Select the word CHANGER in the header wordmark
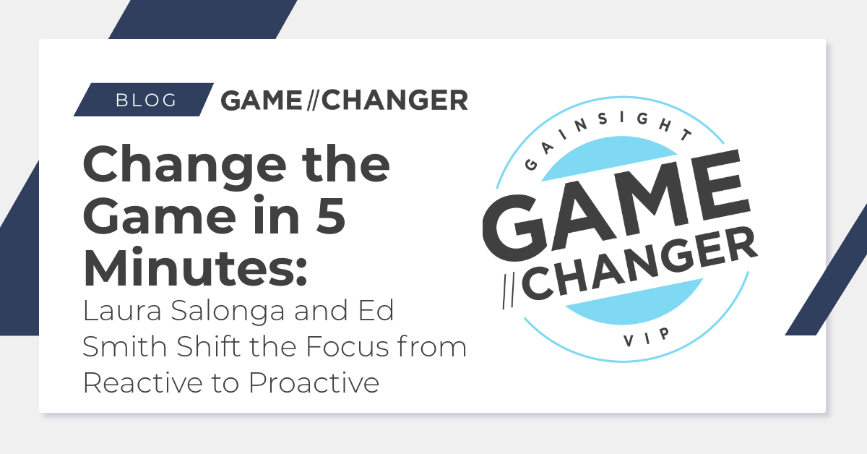click(x=394, y=100)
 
